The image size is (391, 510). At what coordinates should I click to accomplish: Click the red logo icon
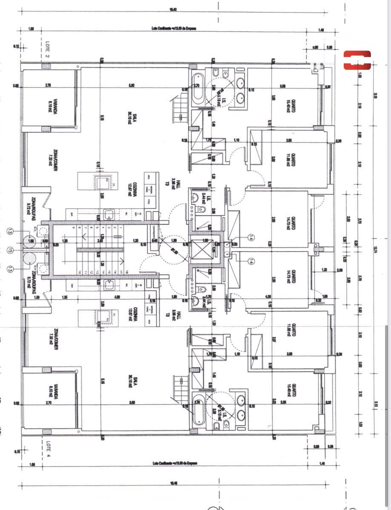357,60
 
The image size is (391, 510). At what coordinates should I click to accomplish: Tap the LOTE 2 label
47,50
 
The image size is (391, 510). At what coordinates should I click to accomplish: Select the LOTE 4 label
48,446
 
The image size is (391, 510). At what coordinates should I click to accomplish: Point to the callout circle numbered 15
10,250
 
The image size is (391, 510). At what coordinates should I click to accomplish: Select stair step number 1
121,228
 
